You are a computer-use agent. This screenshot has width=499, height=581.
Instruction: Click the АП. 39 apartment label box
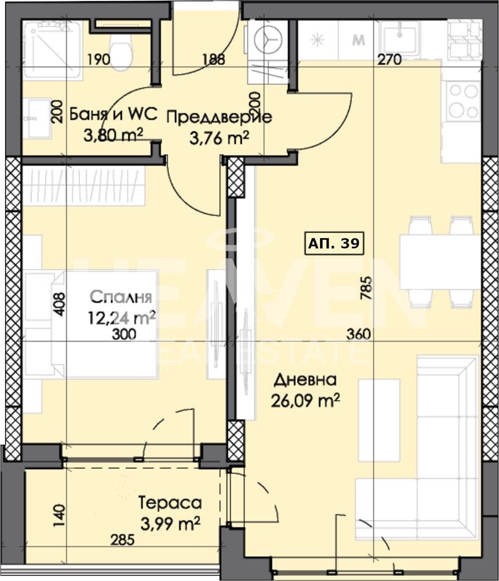click(x=334, y=243)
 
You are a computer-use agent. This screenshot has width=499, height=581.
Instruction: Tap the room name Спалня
click(x=121, y=297)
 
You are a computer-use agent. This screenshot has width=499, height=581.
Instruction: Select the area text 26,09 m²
click(x=306, y=400)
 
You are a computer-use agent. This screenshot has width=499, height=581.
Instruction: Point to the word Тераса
click(x=170, y=503)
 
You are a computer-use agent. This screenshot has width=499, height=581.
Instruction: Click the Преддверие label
click(x=219, y=117)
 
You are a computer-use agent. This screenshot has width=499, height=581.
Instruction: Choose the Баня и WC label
click(x=113, y=114)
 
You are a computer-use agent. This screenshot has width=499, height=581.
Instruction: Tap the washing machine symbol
click(x=268, y=38)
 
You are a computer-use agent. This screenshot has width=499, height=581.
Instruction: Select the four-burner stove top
click(x=463, y=101)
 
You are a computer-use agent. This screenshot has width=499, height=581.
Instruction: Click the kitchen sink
click(x=400, y=36)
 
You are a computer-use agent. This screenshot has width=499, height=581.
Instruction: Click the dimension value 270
click(x=389, y=59)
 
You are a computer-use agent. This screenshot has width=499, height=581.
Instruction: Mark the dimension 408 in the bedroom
click(x=59, y=304)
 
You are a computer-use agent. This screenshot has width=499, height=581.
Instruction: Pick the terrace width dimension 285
click(x=122, y=540)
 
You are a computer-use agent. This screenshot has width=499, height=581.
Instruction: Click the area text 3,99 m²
click(x=171, y=523)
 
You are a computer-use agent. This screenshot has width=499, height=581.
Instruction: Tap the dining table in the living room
click(x=440, y=262)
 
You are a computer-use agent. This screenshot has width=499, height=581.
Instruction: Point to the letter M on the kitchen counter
click(x=358, y=40)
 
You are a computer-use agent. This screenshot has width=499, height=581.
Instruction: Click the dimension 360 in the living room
click(x=358, y=334)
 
